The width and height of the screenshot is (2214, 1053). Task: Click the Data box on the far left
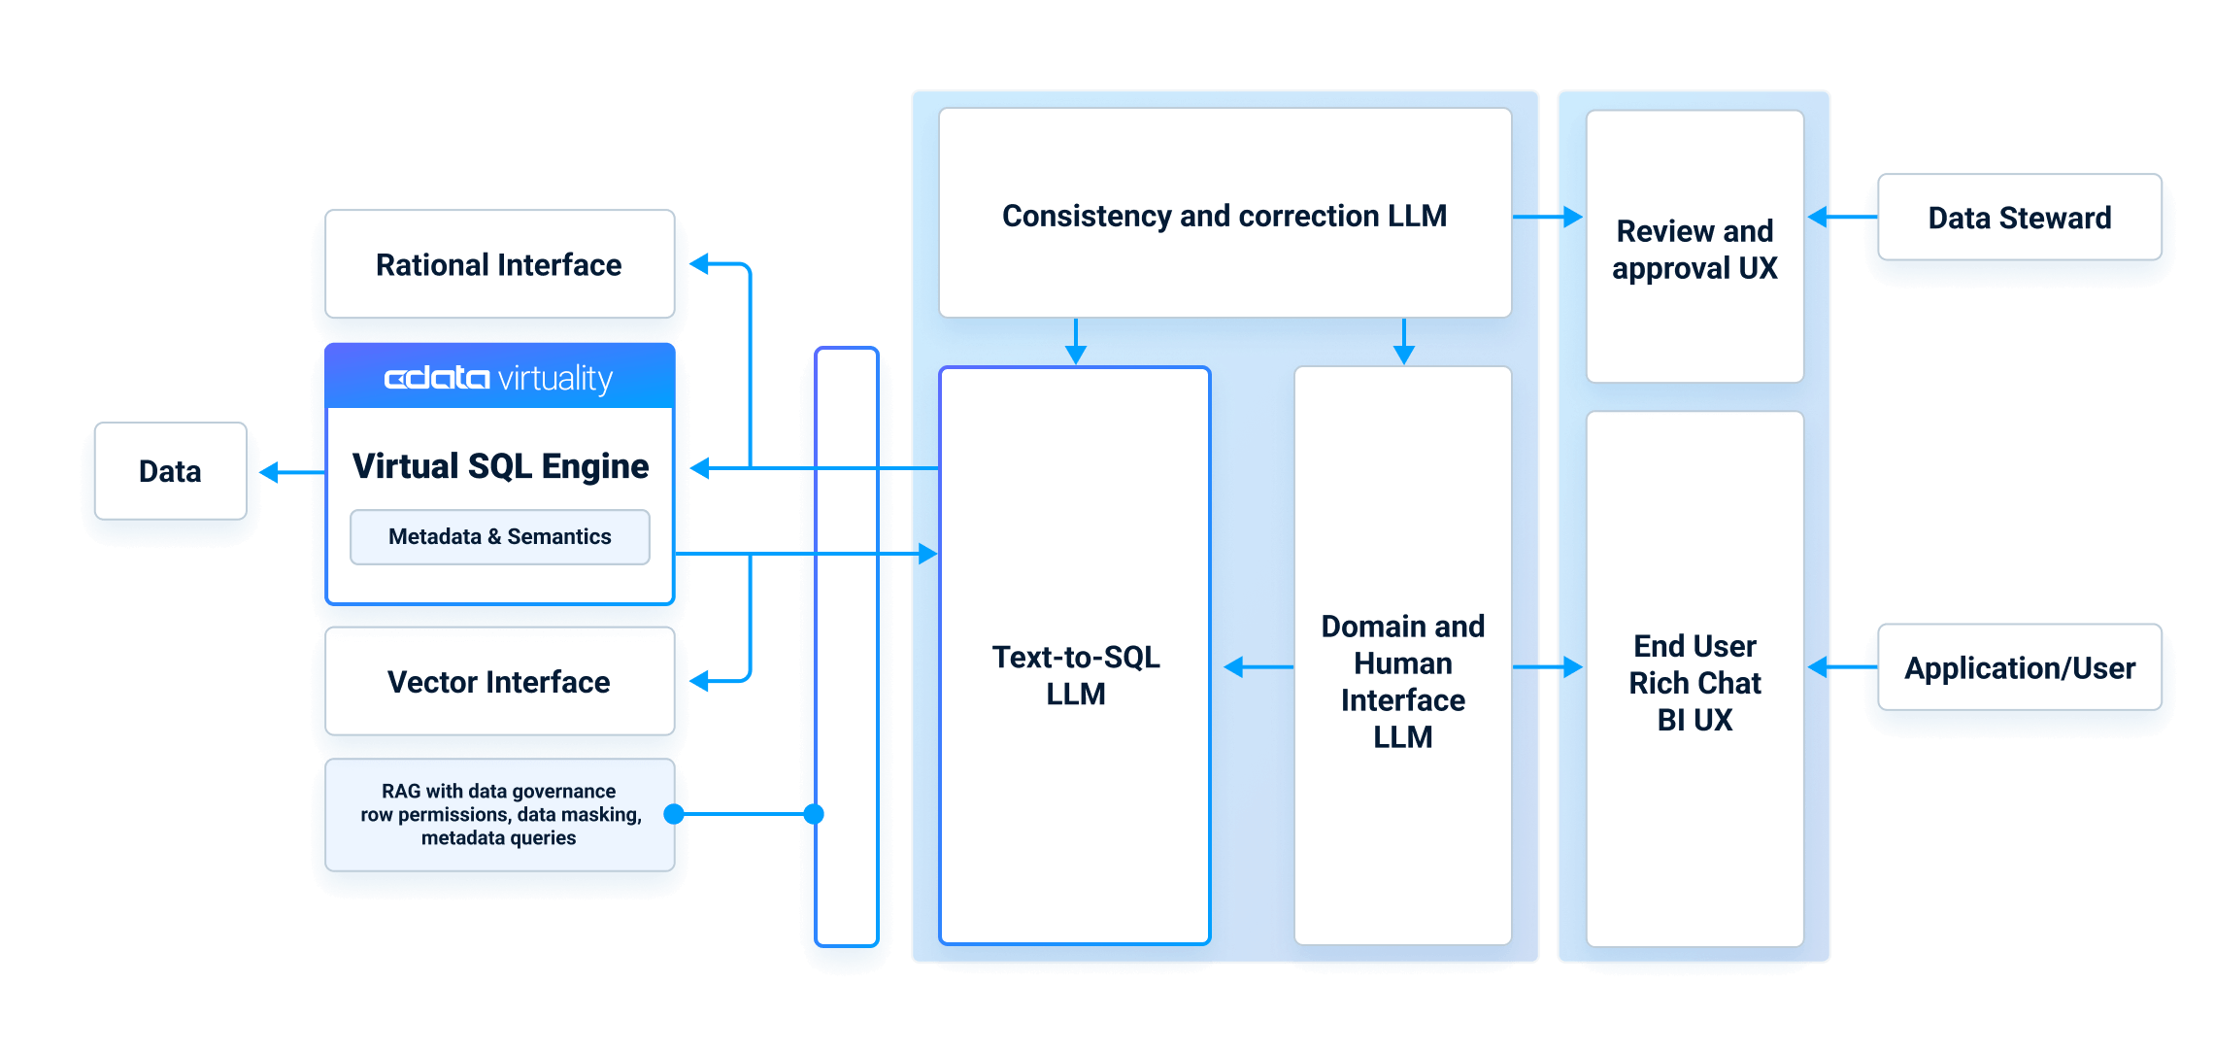pos(170,471)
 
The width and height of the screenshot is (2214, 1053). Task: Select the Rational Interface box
pos(499,264)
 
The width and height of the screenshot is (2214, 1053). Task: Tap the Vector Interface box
pos(499,681)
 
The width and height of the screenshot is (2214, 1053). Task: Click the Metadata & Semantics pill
pos(499,536)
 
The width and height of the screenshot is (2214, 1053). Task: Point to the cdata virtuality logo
pos(499,378)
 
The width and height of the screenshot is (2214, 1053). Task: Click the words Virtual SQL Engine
pos(499,466)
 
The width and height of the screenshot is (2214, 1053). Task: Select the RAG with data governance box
pos(499,814)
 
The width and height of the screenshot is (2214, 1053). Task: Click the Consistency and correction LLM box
pos(1224,215)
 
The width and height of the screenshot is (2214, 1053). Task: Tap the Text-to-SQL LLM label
pos(1075,675)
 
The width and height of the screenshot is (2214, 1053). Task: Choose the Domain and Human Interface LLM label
pos(1402,681)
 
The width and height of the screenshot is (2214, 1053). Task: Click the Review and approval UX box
pos(1694,249)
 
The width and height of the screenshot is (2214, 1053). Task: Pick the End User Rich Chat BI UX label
pos(1694,682)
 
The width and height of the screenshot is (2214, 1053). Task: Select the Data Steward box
pos(2019,218)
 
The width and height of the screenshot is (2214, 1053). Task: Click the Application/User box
pos(2019,667)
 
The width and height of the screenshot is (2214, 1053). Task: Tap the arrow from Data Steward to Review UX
pos(1840,218)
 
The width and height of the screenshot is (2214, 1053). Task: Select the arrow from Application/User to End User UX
pos(1840,667)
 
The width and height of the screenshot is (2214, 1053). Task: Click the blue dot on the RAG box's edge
pos(674,814)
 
